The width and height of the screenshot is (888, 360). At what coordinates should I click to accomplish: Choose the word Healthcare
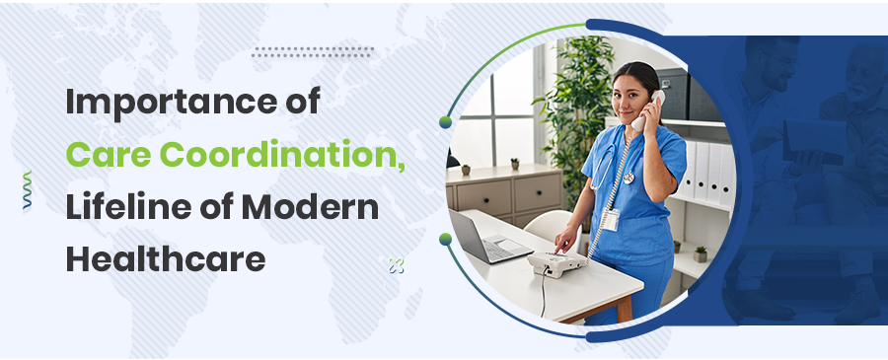[x=166, y=259]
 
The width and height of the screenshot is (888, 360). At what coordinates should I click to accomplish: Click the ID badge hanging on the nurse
[x=611, y=219]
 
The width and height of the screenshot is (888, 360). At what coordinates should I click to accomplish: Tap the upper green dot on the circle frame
[x=446, y=121]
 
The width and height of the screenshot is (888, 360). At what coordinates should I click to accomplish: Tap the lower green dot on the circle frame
[x=446, y=239]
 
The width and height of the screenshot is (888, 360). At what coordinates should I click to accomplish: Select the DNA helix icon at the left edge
[x=27, y=190]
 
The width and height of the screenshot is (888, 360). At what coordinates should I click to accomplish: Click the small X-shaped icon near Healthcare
[x=396, y=263]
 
